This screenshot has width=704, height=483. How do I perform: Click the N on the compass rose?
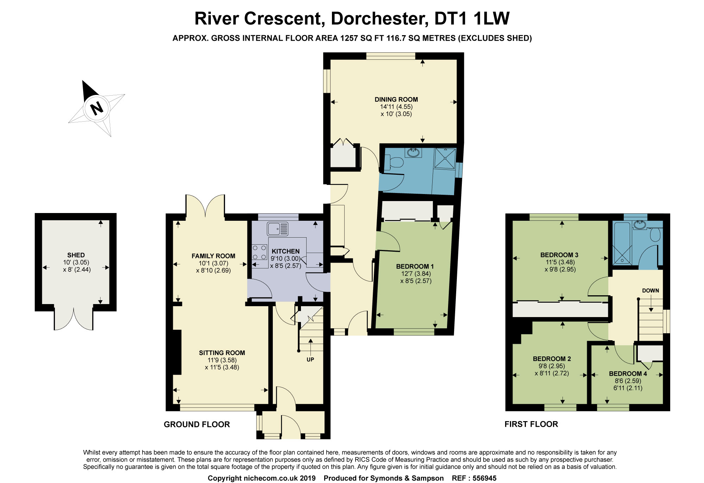click(x=96, y=108)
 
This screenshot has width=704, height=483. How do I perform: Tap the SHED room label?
click(x=76, y=255)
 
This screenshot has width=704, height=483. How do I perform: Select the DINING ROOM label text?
click(x=396, y=99)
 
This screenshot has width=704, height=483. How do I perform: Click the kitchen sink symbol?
click(x=277, y=229)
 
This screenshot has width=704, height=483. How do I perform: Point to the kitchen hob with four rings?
click(x=260, y=252)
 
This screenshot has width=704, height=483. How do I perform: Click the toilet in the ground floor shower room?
click(x=394, y=163)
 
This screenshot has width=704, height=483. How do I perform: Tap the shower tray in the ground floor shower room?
click(x=445, y=159)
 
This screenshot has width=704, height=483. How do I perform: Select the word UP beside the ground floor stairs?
click(x=310, y=360)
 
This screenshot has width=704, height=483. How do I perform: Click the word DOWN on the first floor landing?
click(x=650, y=291)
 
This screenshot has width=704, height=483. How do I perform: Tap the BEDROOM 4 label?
click(x=628, y=374)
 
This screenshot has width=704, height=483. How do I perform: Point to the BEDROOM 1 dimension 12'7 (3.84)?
click(x=416, y=273)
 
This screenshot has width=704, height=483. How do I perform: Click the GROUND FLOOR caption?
click(x=197, y=424)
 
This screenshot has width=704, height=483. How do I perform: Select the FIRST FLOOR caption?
click(x=531, y=424)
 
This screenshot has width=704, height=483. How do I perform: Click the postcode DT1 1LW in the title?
click(x=472, y=19)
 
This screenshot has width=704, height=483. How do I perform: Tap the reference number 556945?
click(x=484, y=478)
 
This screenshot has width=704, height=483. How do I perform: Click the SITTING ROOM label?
click(x=222, y=353)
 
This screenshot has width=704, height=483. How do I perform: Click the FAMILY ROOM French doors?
click(x=205, y=206)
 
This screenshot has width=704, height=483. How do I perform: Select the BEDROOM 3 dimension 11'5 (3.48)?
click(x=560, y=262)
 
